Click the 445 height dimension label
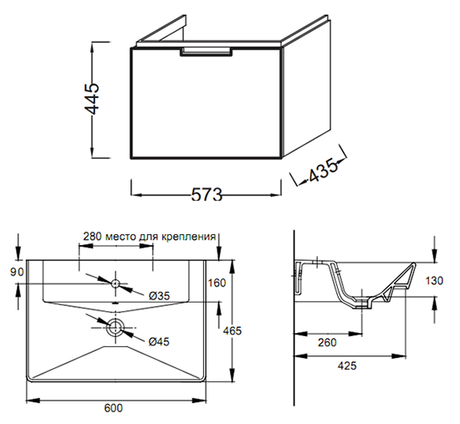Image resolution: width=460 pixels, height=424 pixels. (x=92, y=99)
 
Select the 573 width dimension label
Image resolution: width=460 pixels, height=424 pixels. (x=207, y=194)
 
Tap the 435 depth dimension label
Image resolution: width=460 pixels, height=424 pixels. (x=323, y=171)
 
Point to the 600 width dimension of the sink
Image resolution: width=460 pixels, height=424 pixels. (x=114, y=407)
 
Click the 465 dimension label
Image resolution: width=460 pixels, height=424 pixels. (x=232, y=330)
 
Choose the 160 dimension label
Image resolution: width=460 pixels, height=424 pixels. (x=217, y=283)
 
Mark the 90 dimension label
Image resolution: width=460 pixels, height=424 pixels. (x=17, y=272)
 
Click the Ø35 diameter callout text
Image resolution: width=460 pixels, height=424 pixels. (x=159, y=296)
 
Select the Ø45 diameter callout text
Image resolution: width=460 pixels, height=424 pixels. (x=159, y=341)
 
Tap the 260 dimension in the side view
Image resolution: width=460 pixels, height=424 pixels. (x=327, y=342)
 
